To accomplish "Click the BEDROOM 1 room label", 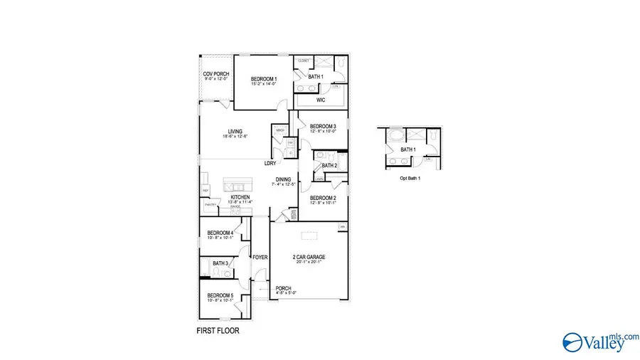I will pos(264,78).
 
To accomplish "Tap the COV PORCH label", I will pos(215,74).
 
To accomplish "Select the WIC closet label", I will pos(321,100).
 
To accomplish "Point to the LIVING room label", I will pos(235,131).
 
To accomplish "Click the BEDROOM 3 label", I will pos(323,126).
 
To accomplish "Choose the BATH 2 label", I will pos(329,166).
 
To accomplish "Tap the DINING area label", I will pos(283,179).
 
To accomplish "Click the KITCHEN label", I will pos(240,198).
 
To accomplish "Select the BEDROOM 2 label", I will pos(322,198).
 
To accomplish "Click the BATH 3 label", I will pos(220,263).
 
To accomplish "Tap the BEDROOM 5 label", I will pos(220,295).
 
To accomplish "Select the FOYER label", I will pos(260,257).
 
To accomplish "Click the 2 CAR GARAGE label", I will pos(309,256).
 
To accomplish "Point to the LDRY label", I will pos(270,163).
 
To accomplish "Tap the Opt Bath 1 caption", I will pos(410,179).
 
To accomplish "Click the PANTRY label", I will pos(210,204).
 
